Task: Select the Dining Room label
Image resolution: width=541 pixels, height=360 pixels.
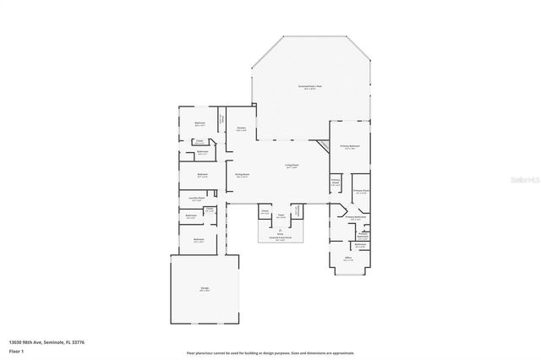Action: tap(242, 175)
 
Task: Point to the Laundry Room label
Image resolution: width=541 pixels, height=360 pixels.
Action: tap(196, 199)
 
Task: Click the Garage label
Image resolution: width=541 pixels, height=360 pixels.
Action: tap(205, 288)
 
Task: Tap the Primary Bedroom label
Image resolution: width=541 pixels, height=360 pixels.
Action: tap(349, 146)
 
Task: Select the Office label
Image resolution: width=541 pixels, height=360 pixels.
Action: tap(348, 259)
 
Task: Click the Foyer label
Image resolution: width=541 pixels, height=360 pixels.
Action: tap(280, 215)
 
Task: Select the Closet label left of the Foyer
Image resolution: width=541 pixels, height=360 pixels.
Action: tap(264, 213)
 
